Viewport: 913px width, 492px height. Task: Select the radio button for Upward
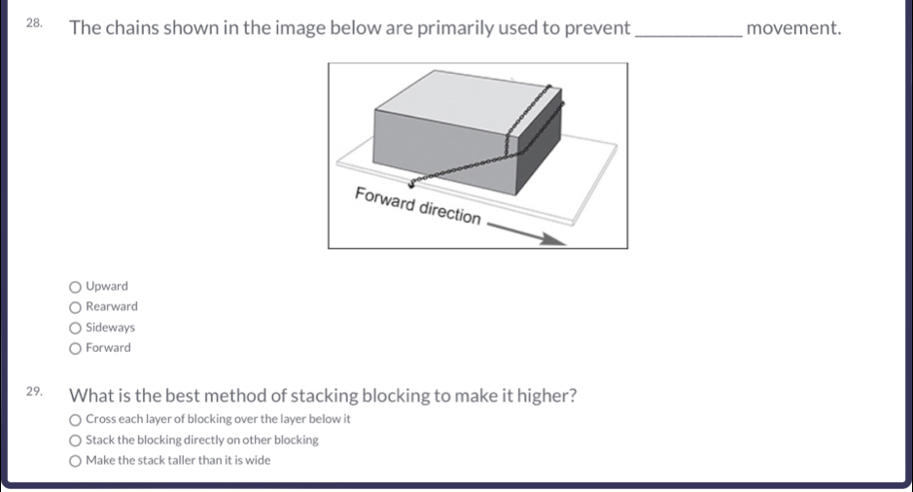(x=76, y=287)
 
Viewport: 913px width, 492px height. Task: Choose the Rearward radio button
(x=76, y=307)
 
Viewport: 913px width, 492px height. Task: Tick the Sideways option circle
(x=76, y=328)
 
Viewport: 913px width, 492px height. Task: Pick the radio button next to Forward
(x=76, y=348)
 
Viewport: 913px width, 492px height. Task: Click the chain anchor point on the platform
(x=412, y=183)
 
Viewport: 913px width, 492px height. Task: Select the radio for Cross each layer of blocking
(x=76, y=419)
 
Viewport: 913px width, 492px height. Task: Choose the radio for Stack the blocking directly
(x=76, y=440)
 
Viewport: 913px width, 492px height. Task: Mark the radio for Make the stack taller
(x=76, y=461)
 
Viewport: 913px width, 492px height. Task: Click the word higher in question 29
(x=544, y=397)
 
